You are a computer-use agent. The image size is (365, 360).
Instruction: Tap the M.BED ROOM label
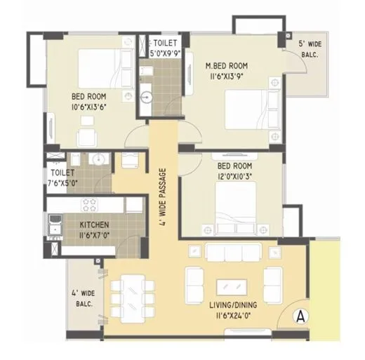[227, 67]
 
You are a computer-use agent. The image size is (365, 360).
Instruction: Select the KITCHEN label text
[89, 225]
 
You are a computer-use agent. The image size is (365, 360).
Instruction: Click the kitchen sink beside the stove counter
[54, 226]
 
